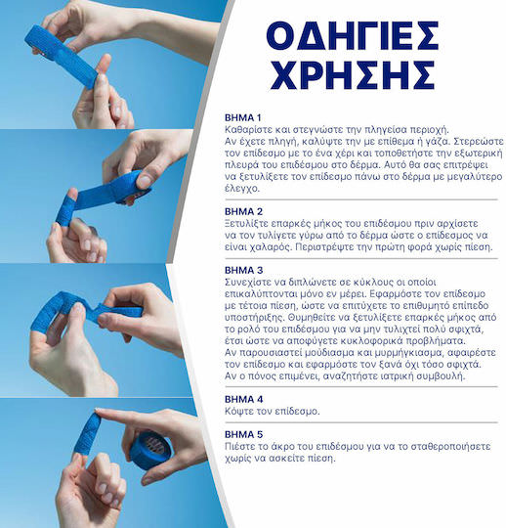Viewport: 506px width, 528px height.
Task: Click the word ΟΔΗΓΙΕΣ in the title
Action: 353,36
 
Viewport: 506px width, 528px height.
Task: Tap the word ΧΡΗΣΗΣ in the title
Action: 353,74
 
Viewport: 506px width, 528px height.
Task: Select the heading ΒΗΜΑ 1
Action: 242,118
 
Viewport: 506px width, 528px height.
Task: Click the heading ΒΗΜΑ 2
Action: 243,211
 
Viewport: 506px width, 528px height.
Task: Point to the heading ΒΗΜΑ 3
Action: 243,270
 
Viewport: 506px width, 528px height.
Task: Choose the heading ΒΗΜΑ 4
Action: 243,399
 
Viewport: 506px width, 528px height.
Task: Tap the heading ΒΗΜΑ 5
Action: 243,434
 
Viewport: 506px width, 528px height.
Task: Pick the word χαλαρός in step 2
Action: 272,247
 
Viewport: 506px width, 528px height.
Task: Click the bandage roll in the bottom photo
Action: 151,450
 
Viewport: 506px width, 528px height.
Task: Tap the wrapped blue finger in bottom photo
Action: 87,434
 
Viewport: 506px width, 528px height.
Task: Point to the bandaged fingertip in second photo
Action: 66,210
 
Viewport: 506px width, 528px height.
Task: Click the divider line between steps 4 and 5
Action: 361,422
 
